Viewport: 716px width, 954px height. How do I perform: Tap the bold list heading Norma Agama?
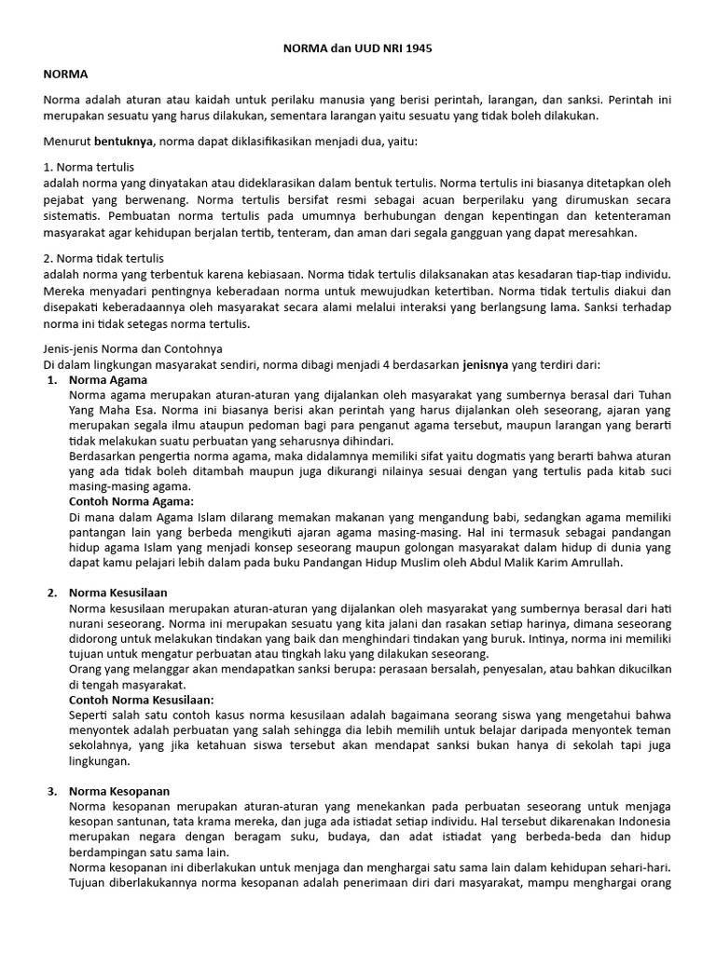(x=108, y=380)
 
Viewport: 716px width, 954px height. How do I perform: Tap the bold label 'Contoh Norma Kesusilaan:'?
(x=142, y=699)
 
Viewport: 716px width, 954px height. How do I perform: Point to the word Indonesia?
(x=642, y=821)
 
